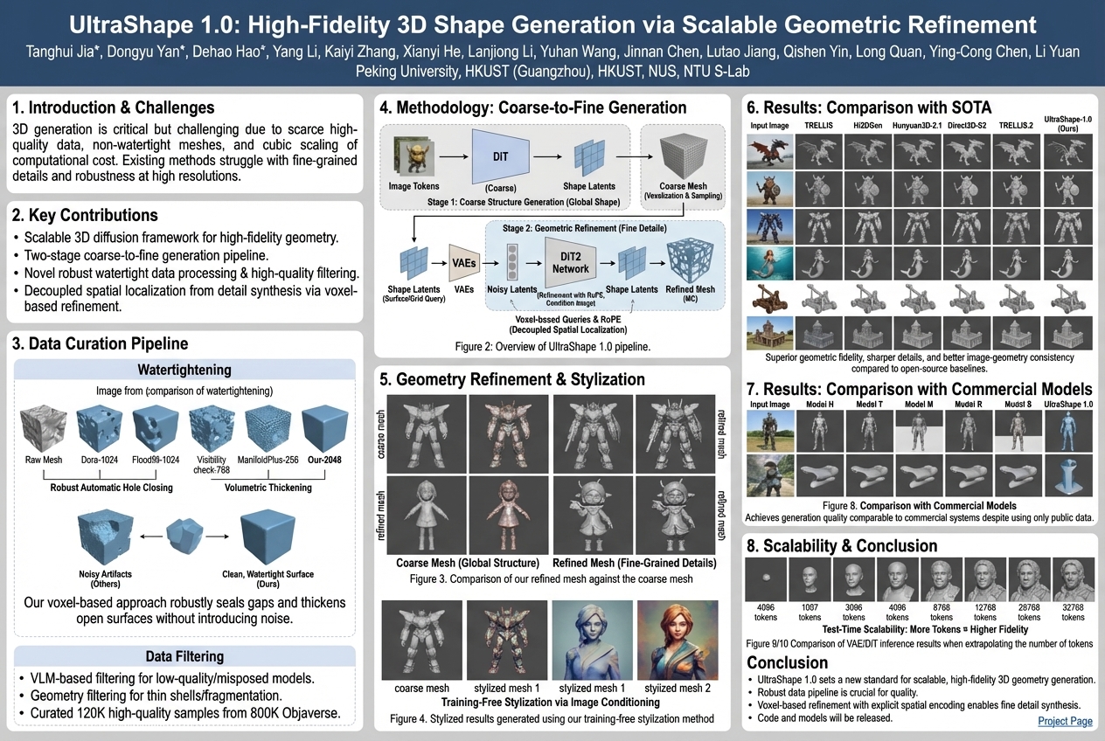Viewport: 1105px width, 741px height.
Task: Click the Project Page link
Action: coord(1065,721)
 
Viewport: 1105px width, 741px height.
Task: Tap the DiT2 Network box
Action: coord(570,263)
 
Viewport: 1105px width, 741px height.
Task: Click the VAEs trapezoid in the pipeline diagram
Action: coord(463,261)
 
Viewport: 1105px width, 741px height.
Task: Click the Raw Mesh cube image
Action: coord(44,427)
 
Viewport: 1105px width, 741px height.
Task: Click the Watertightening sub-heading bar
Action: coord(184,370)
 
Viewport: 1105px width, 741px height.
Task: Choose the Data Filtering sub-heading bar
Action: coord(184,655)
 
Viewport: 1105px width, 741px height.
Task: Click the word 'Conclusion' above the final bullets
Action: coord(788,662)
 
